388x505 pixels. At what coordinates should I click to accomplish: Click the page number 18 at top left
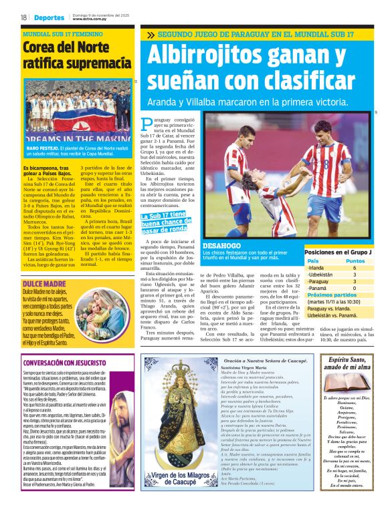coord(23,17)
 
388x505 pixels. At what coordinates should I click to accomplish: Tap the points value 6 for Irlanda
coord(355,267)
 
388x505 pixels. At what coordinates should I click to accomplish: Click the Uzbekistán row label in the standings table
coord(320,275)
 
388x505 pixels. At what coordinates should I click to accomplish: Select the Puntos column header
coord(355,261)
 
